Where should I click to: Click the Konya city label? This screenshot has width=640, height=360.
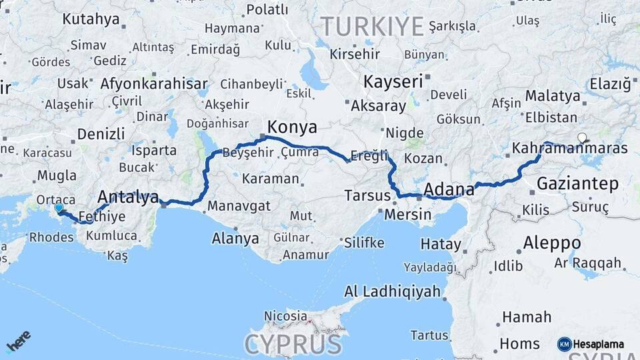(x=292, y=127)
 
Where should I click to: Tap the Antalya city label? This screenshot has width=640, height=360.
(x=128, y=197)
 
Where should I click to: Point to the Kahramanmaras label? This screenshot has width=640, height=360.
(x=570, y=148)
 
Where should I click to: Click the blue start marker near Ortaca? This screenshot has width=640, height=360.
(x=58, y=208)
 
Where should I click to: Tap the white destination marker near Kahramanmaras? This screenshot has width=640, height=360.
(x=582, y=138)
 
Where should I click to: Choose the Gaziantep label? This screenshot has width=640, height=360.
(x=577, y=183)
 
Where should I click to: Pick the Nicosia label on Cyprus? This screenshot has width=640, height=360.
(x=285, y=315)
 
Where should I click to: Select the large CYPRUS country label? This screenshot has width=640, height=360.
(x=293, y=345)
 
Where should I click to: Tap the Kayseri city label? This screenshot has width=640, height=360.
(x=393, y=82)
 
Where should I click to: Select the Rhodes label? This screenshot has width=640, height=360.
(x=51, y=237)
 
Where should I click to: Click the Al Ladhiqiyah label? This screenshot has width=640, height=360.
(x=393, y=291)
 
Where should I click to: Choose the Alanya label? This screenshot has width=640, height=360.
(x=235, y=238)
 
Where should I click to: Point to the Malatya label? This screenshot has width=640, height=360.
(x=553, y=96)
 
